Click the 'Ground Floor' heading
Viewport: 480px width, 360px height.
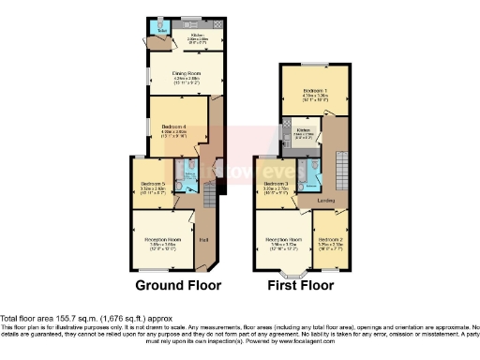[179, 285]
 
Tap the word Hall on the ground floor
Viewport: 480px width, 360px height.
[204, 239]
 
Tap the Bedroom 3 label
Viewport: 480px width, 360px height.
[277, 184]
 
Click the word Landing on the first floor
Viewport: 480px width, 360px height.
[327, 201]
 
